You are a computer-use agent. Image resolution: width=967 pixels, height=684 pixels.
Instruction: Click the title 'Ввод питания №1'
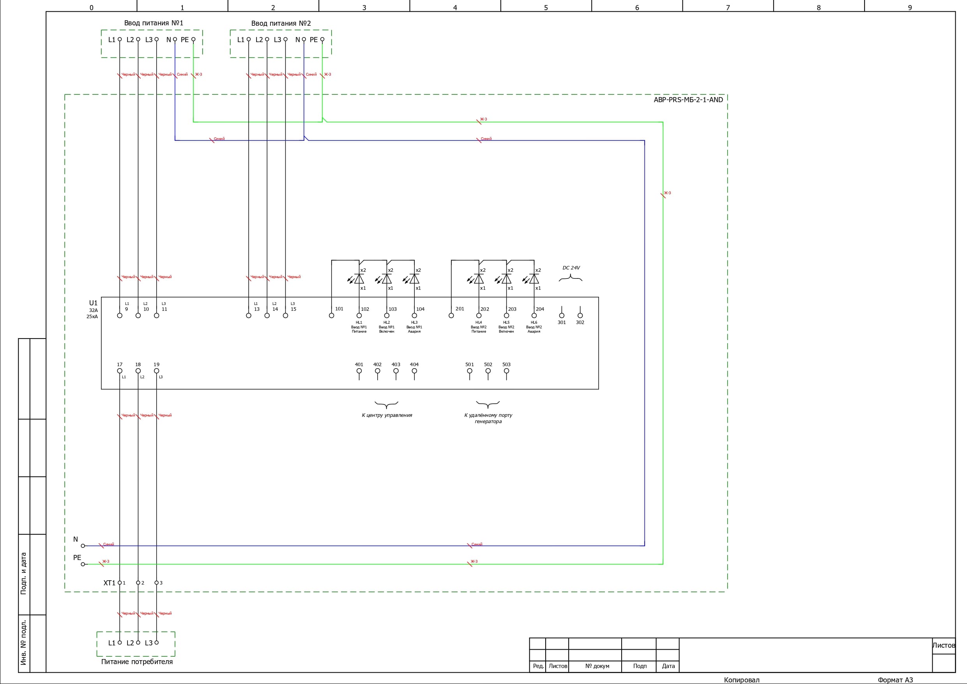[153, 23]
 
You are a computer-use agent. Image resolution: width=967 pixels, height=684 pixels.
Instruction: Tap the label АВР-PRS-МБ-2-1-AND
[688, 100]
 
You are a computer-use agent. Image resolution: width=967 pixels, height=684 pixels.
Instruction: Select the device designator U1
[93, 303]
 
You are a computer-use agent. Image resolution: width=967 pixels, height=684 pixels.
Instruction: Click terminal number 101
[339, 309]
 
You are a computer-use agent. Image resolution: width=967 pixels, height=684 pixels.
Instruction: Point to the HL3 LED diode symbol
[414, 279]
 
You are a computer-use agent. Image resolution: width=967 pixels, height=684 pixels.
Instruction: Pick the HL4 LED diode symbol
[479, 279]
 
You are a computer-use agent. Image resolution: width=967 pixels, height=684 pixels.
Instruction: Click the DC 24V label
[571, 268]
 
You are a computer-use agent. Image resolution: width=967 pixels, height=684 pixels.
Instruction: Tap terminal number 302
[580, 323]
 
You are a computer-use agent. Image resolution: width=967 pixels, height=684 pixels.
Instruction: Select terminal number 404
[414, 365]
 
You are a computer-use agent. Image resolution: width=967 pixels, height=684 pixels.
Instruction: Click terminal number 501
[469, 365]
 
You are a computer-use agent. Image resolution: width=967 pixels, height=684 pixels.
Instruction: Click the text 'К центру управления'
[387, 416]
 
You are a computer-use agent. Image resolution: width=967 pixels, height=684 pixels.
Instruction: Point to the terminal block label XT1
[109, 583]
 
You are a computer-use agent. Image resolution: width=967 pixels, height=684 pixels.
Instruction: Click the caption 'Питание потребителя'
[137, 662]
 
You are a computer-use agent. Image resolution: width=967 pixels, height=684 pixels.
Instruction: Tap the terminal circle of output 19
[157, 371]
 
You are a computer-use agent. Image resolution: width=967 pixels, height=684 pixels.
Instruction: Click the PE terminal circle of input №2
[322, 40]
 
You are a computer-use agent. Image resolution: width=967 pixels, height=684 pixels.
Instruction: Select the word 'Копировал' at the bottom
[741, 680]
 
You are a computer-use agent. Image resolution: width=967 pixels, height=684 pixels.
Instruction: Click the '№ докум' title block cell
[597, 666]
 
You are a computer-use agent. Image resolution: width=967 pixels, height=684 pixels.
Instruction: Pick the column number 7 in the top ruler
[728, 7]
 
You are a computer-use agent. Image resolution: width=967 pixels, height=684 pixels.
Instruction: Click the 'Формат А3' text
[895, 680]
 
